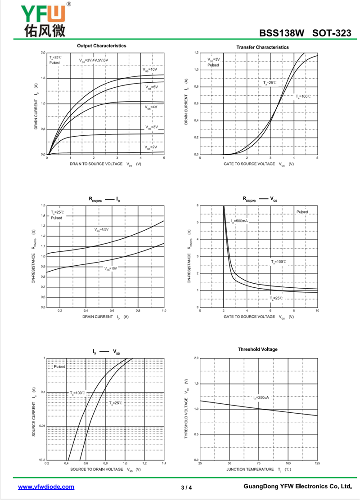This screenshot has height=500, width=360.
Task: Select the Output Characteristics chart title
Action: (x=101, y=46)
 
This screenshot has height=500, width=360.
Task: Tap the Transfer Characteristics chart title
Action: (x=262, y=47)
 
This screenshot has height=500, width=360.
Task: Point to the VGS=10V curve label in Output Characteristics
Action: (x=150, y=70)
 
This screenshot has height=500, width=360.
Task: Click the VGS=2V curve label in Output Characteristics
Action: (x=151, y=147)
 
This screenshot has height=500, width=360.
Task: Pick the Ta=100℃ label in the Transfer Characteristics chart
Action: (x=303, y=96)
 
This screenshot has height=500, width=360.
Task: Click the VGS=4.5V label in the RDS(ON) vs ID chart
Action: (x=102, y=229)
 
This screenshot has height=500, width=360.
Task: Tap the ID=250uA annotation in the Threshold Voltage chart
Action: (x=261, y=398)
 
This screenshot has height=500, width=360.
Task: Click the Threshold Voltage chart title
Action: (x=258, y=349)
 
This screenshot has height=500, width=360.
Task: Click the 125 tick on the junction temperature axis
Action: (x=317, y=463)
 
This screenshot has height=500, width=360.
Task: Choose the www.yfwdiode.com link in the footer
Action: (x=46, y=487)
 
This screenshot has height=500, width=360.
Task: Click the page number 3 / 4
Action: (x=186, y=487)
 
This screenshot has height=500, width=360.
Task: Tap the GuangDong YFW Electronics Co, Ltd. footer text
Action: (x=297, y=487)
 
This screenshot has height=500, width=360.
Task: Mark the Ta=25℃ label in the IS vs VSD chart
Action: (x=116, y=403)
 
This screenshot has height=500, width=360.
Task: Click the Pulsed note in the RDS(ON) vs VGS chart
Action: (x=302, y=212)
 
